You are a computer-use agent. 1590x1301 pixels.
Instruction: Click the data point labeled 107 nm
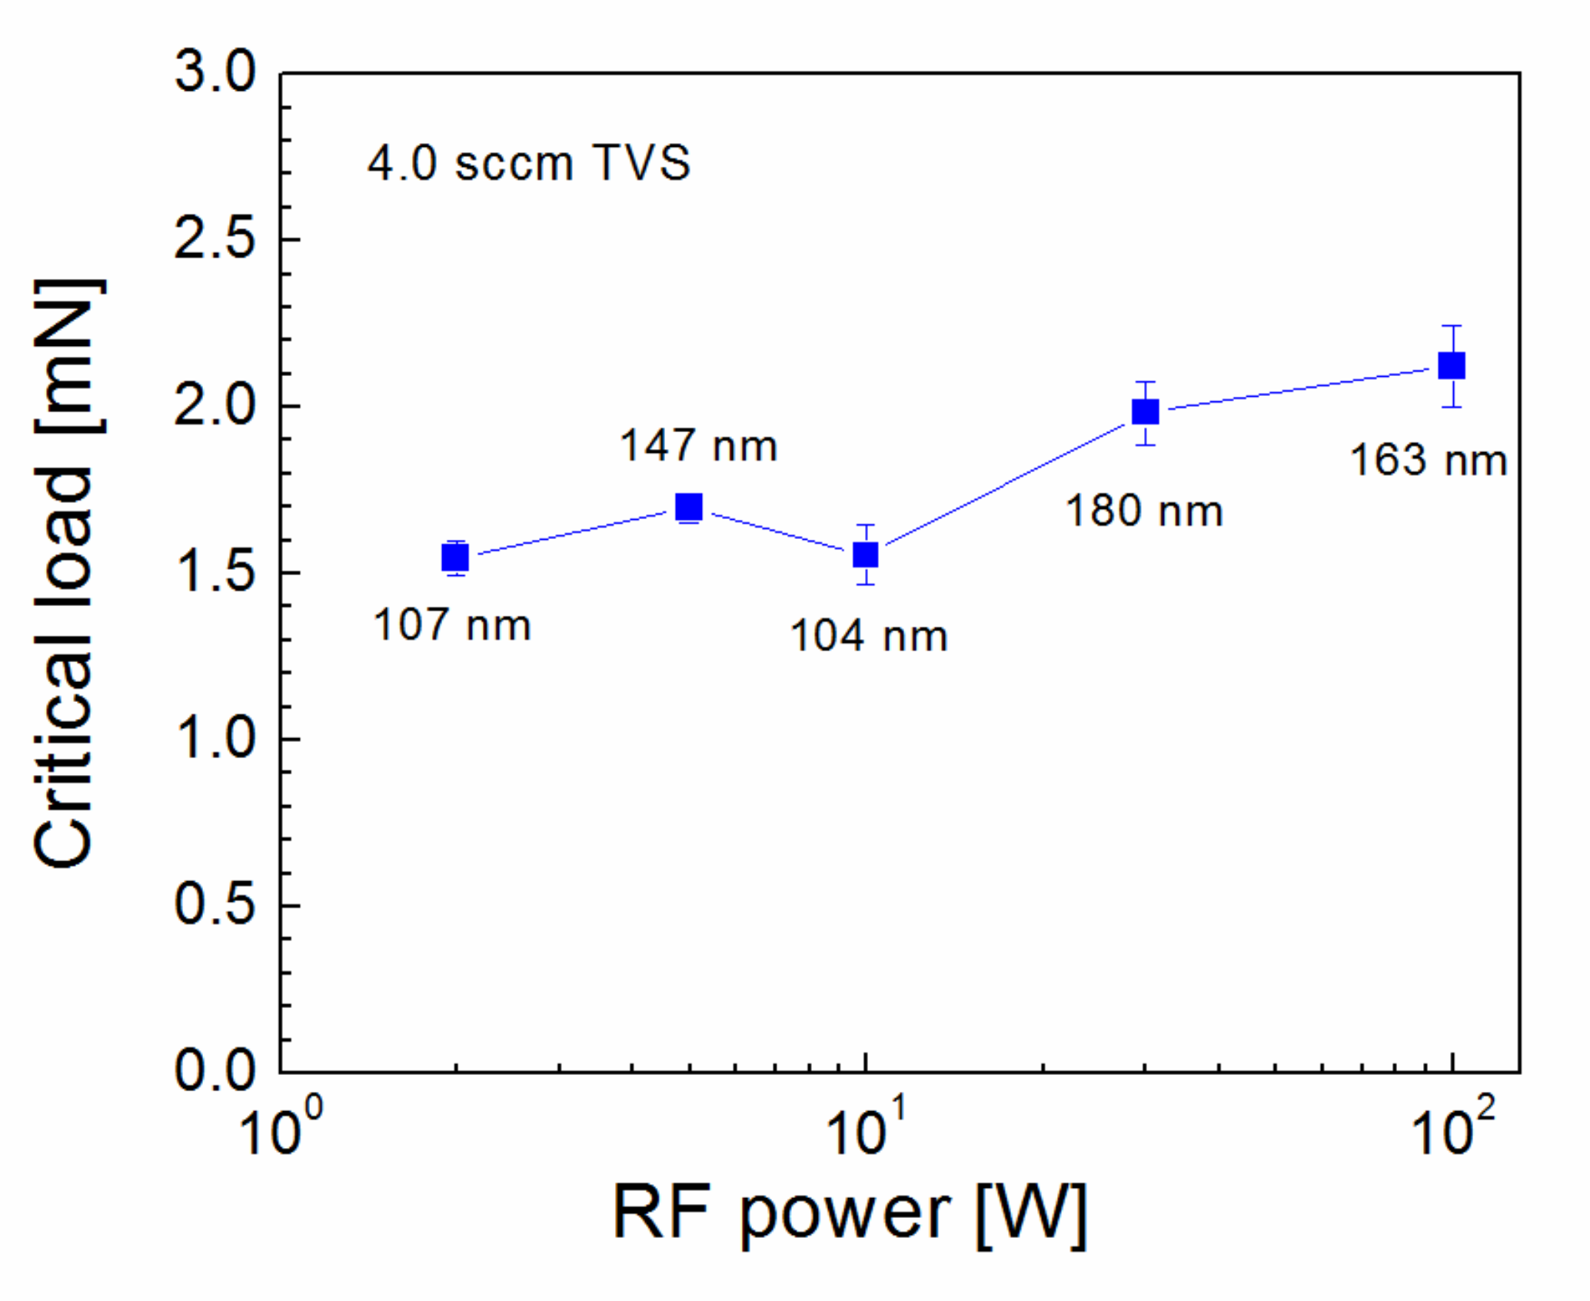point(455,557)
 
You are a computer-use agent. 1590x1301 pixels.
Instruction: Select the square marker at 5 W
point(688,507)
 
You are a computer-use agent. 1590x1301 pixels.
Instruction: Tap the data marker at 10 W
point(866,554)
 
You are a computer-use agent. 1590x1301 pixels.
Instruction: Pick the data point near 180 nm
point(1146,412)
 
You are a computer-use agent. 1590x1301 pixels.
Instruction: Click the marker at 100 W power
point(1452,366)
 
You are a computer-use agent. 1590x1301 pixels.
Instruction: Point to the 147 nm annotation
point(698,446)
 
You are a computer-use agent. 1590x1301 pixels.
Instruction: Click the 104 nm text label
point(869,636)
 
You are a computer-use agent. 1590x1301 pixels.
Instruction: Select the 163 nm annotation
point(1428,461)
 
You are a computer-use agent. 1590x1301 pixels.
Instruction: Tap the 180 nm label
point(1143,511)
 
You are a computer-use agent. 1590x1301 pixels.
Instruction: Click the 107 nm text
point(452,624)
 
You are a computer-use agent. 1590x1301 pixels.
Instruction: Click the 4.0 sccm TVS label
point(529,163)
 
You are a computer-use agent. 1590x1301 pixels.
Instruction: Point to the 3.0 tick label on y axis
point(215,73)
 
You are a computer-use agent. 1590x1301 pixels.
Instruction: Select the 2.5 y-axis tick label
point(215,239)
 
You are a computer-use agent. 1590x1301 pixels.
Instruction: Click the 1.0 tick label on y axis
point(215,739)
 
